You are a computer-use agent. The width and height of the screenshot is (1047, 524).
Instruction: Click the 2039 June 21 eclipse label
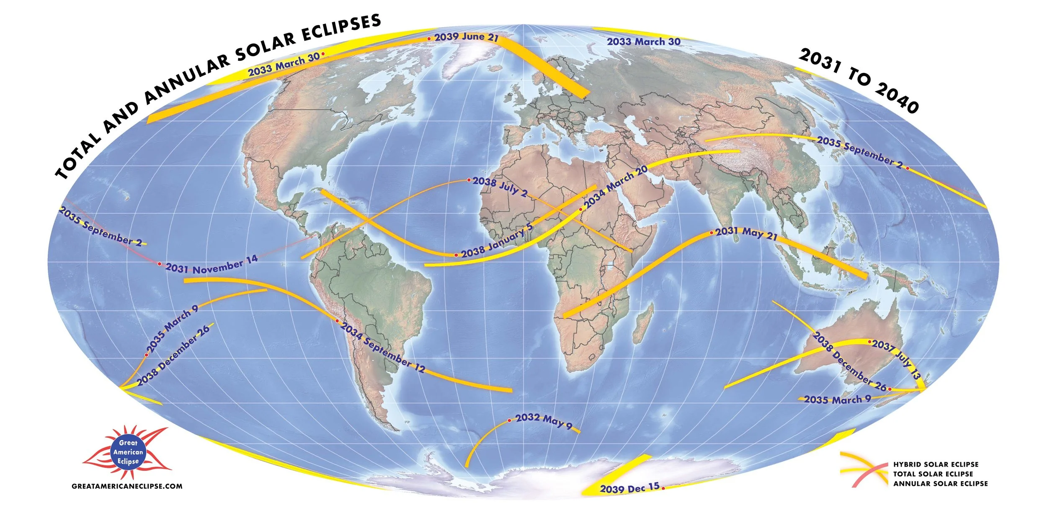(466, 37)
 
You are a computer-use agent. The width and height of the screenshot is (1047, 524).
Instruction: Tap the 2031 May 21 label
(746, 233)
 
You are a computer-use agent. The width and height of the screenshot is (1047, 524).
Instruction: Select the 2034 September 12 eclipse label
(383, 348)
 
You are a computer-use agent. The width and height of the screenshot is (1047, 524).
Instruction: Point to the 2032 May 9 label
(544, 420)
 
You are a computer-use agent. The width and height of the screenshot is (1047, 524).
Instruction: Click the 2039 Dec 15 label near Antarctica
(629, 488)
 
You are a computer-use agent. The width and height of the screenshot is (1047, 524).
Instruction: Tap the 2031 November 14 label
(211, 265)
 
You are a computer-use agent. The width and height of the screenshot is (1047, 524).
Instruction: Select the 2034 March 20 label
(616, 187)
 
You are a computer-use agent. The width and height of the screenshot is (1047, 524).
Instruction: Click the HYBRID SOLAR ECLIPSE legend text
(936, 464)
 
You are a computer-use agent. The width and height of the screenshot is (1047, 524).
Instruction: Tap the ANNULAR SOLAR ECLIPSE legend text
(940, 484)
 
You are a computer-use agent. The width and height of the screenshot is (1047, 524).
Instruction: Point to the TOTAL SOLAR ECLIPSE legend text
(933, 474)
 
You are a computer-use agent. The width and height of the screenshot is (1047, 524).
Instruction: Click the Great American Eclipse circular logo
(128, 452)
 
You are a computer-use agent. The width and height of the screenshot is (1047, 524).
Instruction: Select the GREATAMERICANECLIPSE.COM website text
(127, 486)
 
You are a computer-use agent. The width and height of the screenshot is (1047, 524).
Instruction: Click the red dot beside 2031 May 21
(712, 232)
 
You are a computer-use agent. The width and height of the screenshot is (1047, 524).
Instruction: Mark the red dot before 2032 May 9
(509, 420)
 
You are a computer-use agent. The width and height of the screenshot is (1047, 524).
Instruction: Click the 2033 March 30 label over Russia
(643, 42)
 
